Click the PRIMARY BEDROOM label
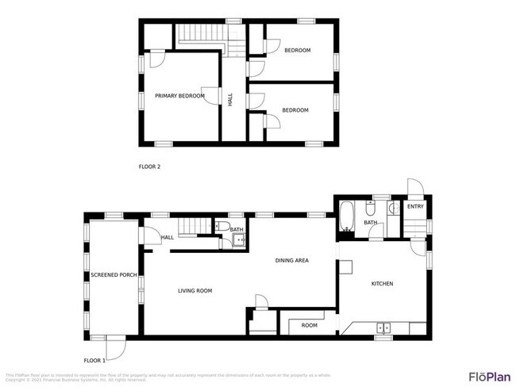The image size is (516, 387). pyautogui.click(x=179, y=96)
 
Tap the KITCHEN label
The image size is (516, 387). pyautogui.click(x=381, y=283)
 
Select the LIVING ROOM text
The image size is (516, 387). pyautogui.click(x=194, y=291)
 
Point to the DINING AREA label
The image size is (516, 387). pyautogui.click(x=291, y=260)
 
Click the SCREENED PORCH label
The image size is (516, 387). pyautogui.click(x=114, y=274)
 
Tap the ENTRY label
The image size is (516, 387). pyautogui.click(x=415, y=207)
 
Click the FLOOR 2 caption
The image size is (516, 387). pyautogui.click(x=149, y=167)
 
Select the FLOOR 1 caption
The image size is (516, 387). pyautogui.click(x=94, y=361)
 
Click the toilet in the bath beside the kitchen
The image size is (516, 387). pyautogui.click(x=370, y=210)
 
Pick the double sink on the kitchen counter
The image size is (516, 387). pyautogui.click(x=384, y=327)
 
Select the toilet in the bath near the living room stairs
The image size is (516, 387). pyautogui.click(x=224, y=227)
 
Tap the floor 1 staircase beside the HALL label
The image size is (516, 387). pyautogui.click(x=193, y=227)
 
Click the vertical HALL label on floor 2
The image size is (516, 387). pyautogui.click(x=230, y=100)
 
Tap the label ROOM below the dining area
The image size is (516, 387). pyautogui.click(x=309, y=325)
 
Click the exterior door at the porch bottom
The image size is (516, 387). pyautogui.click(x=116, y=347)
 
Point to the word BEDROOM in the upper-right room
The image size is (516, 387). pyautogui.click(x=297, y=50)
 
